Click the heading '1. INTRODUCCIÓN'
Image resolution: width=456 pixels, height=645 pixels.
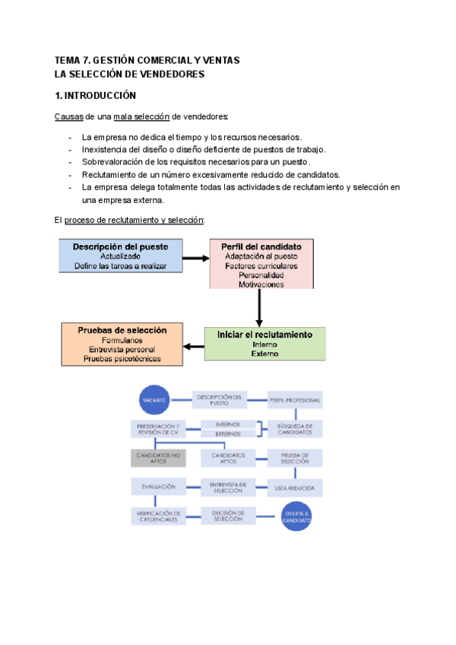95,96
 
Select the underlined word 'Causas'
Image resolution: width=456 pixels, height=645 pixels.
68,116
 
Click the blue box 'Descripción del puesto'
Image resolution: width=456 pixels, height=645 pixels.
120,256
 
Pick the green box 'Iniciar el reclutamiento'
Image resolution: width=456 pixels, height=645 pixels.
264,344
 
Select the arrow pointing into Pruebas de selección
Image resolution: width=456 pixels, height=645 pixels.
194,347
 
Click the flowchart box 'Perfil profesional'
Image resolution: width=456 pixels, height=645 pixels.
295,400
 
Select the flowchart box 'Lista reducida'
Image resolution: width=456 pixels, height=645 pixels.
295,486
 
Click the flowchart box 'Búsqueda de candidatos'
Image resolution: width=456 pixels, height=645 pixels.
295,428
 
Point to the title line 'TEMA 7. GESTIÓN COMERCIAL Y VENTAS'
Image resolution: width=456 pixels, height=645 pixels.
147,60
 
